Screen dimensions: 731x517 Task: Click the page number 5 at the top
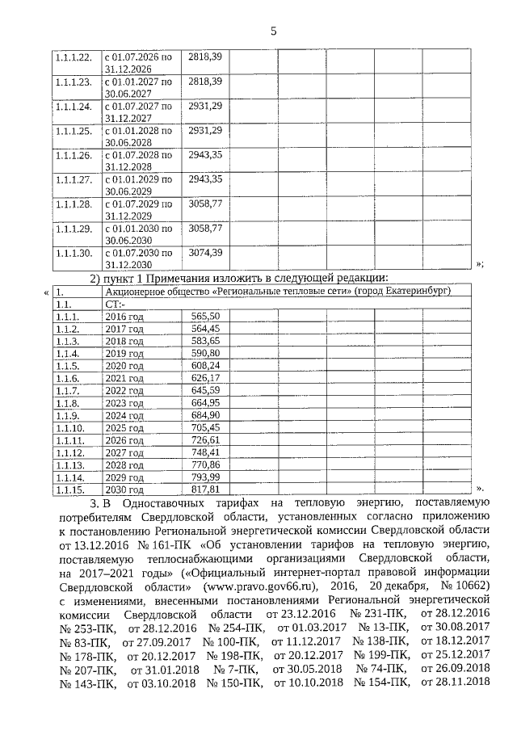[273, 32]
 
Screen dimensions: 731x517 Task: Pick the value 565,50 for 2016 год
[205, 317]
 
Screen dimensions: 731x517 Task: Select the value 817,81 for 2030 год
[205, 489]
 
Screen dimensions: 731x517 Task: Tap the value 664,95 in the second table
[205, 402]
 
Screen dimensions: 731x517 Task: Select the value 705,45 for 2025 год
[205, 427]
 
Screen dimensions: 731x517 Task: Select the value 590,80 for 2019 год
[205, 353]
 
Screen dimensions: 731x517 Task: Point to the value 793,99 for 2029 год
[205, 477]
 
